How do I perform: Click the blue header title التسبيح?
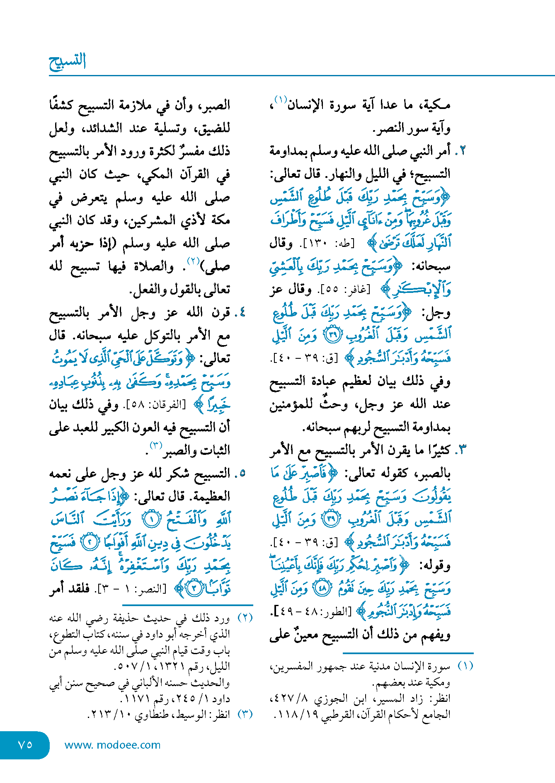click(68, 62)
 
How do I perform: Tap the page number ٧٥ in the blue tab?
click(25, 744)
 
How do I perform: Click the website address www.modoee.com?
click(112, 745)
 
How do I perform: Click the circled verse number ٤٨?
click(323, 588)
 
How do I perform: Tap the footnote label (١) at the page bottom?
click(465, 666)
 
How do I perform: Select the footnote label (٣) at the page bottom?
click(245, 714)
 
